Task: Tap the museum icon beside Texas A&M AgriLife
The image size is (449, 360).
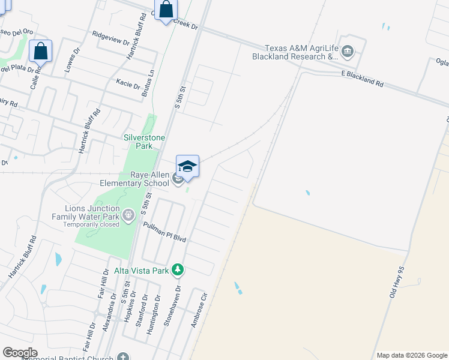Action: (347, 53)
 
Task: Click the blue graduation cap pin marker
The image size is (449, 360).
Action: (187, 166)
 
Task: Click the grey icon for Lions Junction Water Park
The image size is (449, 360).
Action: (127, 214)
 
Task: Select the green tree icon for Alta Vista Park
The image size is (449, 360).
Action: (177, 270)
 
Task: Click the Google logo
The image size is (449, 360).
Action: (19, 353)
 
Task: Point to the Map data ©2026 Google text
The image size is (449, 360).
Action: (411, 355)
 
